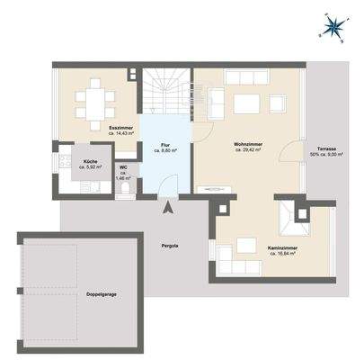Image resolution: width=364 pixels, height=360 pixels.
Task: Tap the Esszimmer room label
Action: [121, 129]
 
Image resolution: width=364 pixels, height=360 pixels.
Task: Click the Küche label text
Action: [90, 161]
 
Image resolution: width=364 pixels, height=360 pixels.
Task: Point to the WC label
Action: [123, 167]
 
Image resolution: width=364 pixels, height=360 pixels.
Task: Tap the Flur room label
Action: [165, 144]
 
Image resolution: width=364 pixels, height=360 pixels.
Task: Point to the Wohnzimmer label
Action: [247, 144]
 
